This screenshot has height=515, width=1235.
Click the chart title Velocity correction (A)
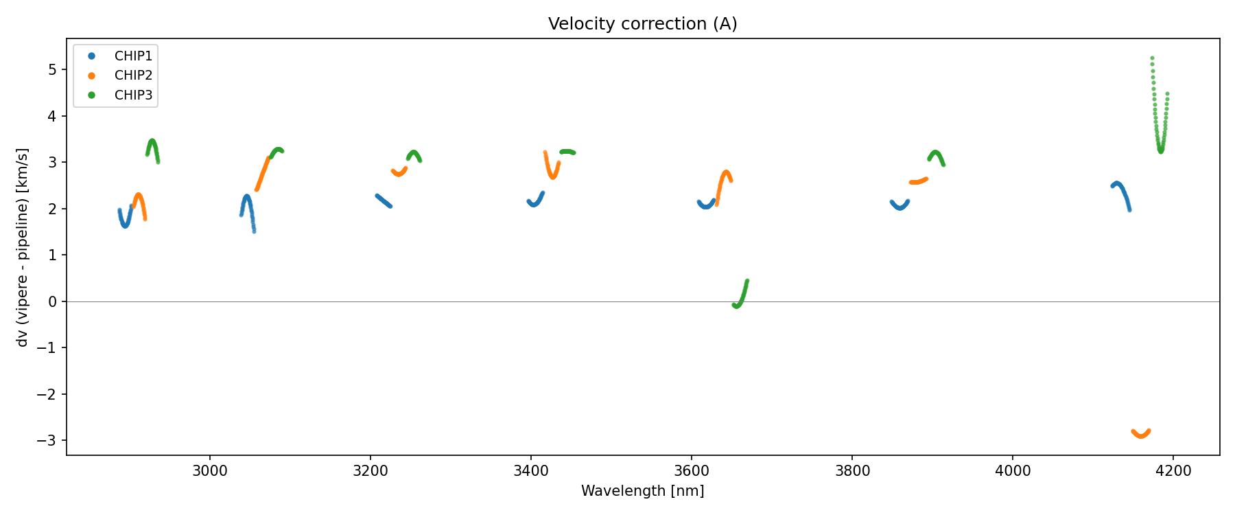coord(642,24)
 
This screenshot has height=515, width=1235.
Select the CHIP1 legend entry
coord(133,56)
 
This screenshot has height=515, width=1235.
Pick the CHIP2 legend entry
coord(133,76)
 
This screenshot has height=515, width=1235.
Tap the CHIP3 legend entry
coord(133,95)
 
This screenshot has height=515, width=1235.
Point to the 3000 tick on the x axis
coord(209,471)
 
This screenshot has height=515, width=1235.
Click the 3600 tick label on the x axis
coord(692,471)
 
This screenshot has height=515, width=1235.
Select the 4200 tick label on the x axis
coord(1173,471)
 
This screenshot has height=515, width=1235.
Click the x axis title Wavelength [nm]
coord(642,491)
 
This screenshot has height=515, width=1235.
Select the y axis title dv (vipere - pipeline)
coord(23,247)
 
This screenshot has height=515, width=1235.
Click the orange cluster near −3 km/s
coord(1140,434)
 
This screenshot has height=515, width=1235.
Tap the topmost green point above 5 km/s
coord(1152,58)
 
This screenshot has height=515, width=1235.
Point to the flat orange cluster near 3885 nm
coord(918,181)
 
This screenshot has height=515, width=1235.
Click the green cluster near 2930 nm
coord(152,148)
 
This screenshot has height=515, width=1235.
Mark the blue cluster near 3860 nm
coord(899,205)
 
